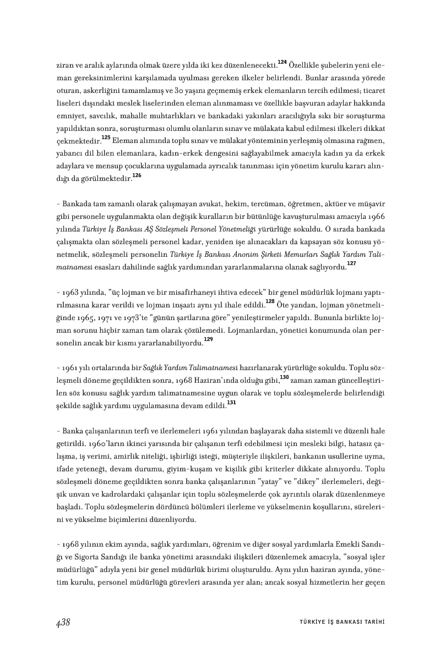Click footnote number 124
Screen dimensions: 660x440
282,61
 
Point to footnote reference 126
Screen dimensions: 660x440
137,175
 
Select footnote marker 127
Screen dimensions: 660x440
351,264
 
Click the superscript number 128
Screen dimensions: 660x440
270,301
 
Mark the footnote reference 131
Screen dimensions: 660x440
231,403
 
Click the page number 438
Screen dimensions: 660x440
63,622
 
